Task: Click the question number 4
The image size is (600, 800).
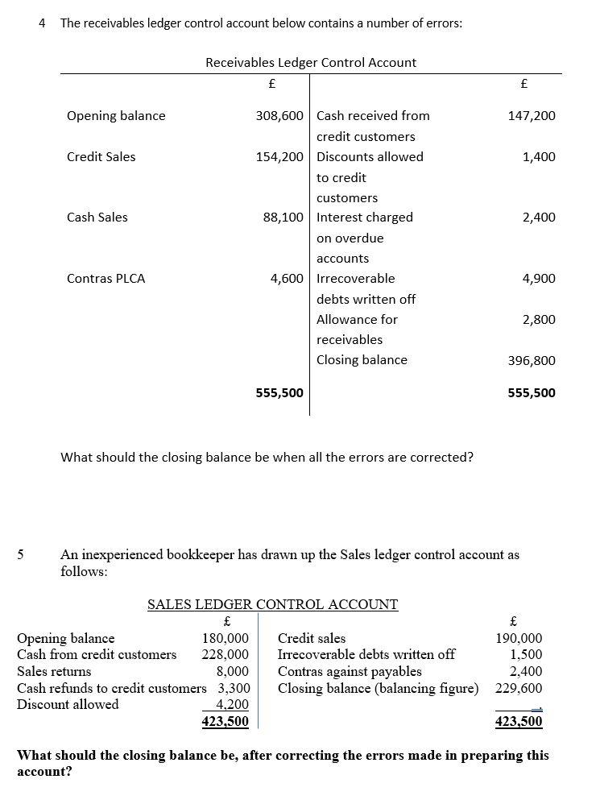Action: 42,23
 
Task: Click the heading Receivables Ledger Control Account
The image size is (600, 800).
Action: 311,62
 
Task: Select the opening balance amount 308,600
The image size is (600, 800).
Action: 279,116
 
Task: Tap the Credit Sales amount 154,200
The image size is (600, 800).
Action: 279,157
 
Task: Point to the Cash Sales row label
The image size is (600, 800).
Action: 97,218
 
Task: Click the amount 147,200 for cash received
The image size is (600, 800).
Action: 531,116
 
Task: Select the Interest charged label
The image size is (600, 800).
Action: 364,218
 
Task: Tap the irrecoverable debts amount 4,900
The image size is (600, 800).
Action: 539,279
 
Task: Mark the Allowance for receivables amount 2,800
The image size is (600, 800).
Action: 539,320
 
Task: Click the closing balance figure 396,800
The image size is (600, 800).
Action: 531,360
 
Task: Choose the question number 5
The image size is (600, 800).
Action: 21,555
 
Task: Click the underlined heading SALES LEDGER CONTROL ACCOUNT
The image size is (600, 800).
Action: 272,604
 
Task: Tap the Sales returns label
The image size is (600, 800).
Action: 54,672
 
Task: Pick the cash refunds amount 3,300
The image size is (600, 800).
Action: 234,689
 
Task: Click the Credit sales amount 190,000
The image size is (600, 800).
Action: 519,639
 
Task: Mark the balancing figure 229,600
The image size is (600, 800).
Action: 519,689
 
